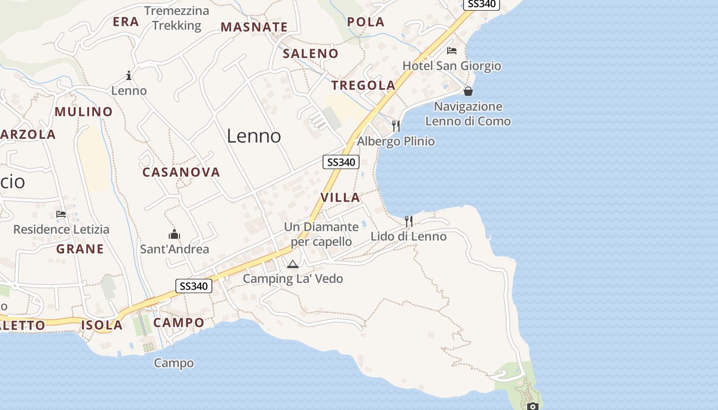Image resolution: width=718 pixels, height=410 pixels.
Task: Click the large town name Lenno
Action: coord(254,136)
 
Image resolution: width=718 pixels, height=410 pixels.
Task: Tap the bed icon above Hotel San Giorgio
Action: coord(452,50)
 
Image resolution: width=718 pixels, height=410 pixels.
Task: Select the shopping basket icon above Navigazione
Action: coord(468,91)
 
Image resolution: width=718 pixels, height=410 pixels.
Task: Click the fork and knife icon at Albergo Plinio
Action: coord(395,126)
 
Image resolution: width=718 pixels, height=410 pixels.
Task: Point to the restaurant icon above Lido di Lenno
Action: coord(409,221)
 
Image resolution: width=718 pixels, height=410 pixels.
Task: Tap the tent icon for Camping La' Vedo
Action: coord(293,264)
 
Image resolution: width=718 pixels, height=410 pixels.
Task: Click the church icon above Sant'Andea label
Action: coord(174,234)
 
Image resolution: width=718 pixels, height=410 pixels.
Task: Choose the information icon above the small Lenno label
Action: coord(129,76)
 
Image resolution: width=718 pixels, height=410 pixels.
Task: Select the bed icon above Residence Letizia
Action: coord(61,214)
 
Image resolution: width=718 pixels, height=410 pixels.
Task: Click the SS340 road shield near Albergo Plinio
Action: coord(341,162)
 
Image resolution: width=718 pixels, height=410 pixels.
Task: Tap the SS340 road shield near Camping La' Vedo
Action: coord(194,286)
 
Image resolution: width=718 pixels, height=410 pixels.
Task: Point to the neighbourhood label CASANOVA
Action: coord(181,172)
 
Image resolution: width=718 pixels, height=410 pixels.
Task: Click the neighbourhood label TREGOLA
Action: coord(364,86)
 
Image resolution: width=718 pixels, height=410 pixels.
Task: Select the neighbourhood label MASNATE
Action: coord(254,27)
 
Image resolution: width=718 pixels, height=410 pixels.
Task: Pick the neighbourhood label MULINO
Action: coord(84,112)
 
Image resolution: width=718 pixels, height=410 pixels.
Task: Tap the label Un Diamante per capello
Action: coord(322,234)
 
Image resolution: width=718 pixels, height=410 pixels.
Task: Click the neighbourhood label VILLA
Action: coord(341,197)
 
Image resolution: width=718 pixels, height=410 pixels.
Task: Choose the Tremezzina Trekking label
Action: coord(177,18)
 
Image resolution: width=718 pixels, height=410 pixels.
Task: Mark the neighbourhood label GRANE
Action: coord(80,249)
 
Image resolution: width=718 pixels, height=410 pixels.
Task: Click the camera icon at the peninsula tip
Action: coord(533,406)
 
